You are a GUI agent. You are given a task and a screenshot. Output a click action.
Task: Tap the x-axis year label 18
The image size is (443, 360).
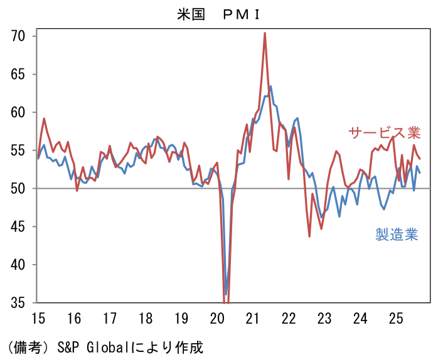pos(146,319)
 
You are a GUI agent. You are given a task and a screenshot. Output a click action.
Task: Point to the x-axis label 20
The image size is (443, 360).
pos(217,319)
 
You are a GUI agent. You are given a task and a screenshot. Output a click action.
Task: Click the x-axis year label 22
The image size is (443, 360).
pos(289,319)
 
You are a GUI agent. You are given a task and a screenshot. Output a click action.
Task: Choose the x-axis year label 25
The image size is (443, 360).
pos(396,319)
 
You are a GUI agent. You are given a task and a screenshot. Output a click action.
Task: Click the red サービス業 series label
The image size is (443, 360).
pos(384,133)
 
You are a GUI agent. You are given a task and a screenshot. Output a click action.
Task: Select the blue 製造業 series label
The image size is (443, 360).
pos(397,235)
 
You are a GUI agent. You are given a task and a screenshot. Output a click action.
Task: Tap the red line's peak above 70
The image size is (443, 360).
pos(265,33)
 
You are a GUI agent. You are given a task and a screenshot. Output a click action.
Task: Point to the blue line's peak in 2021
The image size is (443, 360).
pos(270,87)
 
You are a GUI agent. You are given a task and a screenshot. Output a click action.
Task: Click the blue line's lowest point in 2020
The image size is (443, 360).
pos(226,294)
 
